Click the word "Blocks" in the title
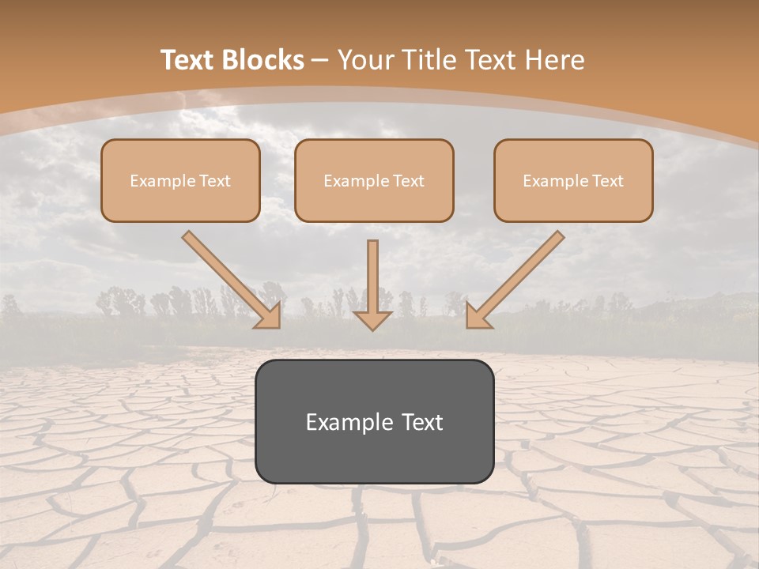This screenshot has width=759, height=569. pyautogui.click(x=262, y=60)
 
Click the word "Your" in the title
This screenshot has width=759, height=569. pyautogui.click(x=363, y=60)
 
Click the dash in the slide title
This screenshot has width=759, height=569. pyautogui.click(x=320, y=61)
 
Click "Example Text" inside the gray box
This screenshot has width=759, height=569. pyautogui.click(x=374, y=422)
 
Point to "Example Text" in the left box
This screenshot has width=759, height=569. pyautogui.click(x=180, y=181)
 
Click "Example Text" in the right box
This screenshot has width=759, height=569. pyautogui.click(x=573, y=181)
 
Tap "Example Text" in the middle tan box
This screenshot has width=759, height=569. pyautogui.click(x=374, y=181)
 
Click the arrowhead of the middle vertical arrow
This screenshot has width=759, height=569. pyautogui.click(x=372, y=319)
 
